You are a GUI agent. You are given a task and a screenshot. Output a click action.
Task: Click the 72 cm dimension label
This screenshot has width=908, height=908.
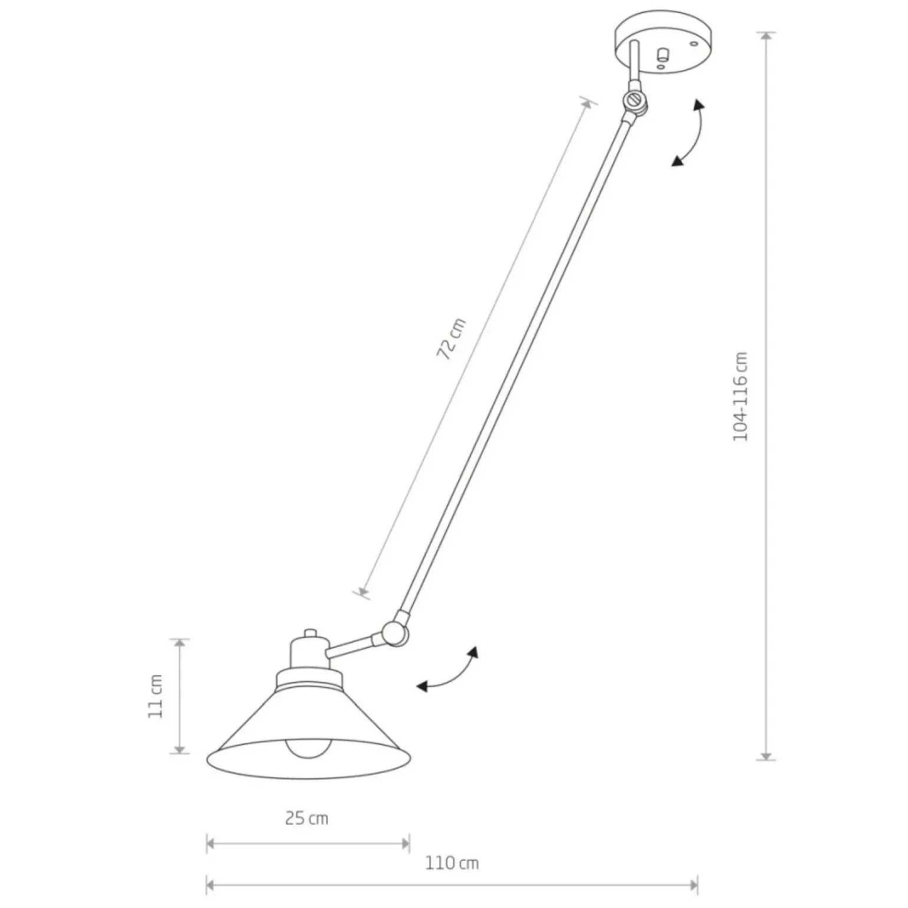[451, 339]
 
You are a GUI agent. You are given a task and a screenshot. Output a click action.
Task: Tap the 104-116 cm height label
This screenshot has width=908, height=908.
[740, 396]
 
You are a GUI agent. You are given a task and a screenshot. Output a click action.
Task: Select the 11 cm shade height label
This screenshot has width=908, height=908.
[155, 696]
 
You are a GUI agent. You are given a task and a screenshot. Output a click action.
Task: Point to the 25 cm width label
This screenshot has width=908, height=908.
[307, 818]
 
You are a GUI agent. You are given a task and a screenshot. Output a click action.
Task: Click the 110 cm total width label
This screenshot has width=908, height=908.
[452, 864]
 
